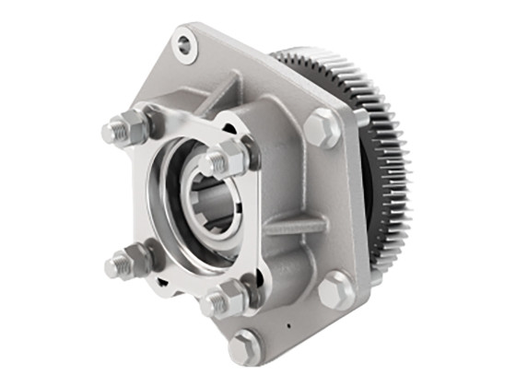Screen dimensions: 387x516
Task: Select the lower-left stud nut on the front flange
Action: [x=135, y=261]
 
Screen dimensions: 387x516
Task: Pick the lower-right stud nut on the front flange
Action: [x=229, y=297]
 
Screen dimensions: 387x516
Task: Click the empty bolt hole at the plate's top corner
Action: [x=186, y=43]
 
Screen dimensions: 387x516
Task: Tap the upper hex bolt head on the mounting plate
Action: [x=322, y=128]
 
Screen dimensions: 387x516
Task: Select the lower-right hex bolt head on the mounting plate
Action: [x=336, y=290]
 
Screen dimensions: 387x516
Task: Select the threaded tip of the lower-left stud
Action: [x=113, y=267]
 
